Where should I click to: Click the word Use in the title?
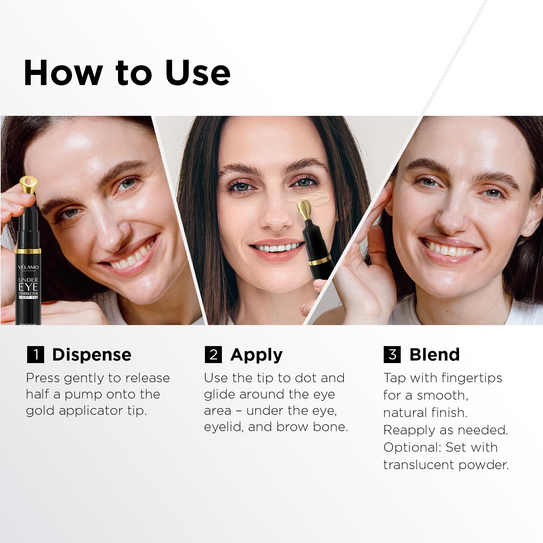point(197,73)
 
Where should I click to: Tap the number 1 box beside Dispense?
point(35,354)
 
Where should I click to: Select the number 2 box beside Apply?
point(213,354)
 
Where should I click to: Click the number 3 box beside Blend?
point(392,354)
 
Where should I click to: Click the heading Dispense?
point(92,355)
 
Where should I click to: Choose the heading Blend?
point(434,355)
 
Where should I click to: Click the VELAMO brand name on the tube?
point(28,267)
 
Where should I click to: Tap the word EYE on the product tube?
point(28,287)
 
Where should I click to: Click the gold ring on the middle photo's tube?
point(320,260)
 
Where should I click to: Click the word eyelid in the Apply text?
point(223,427)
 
